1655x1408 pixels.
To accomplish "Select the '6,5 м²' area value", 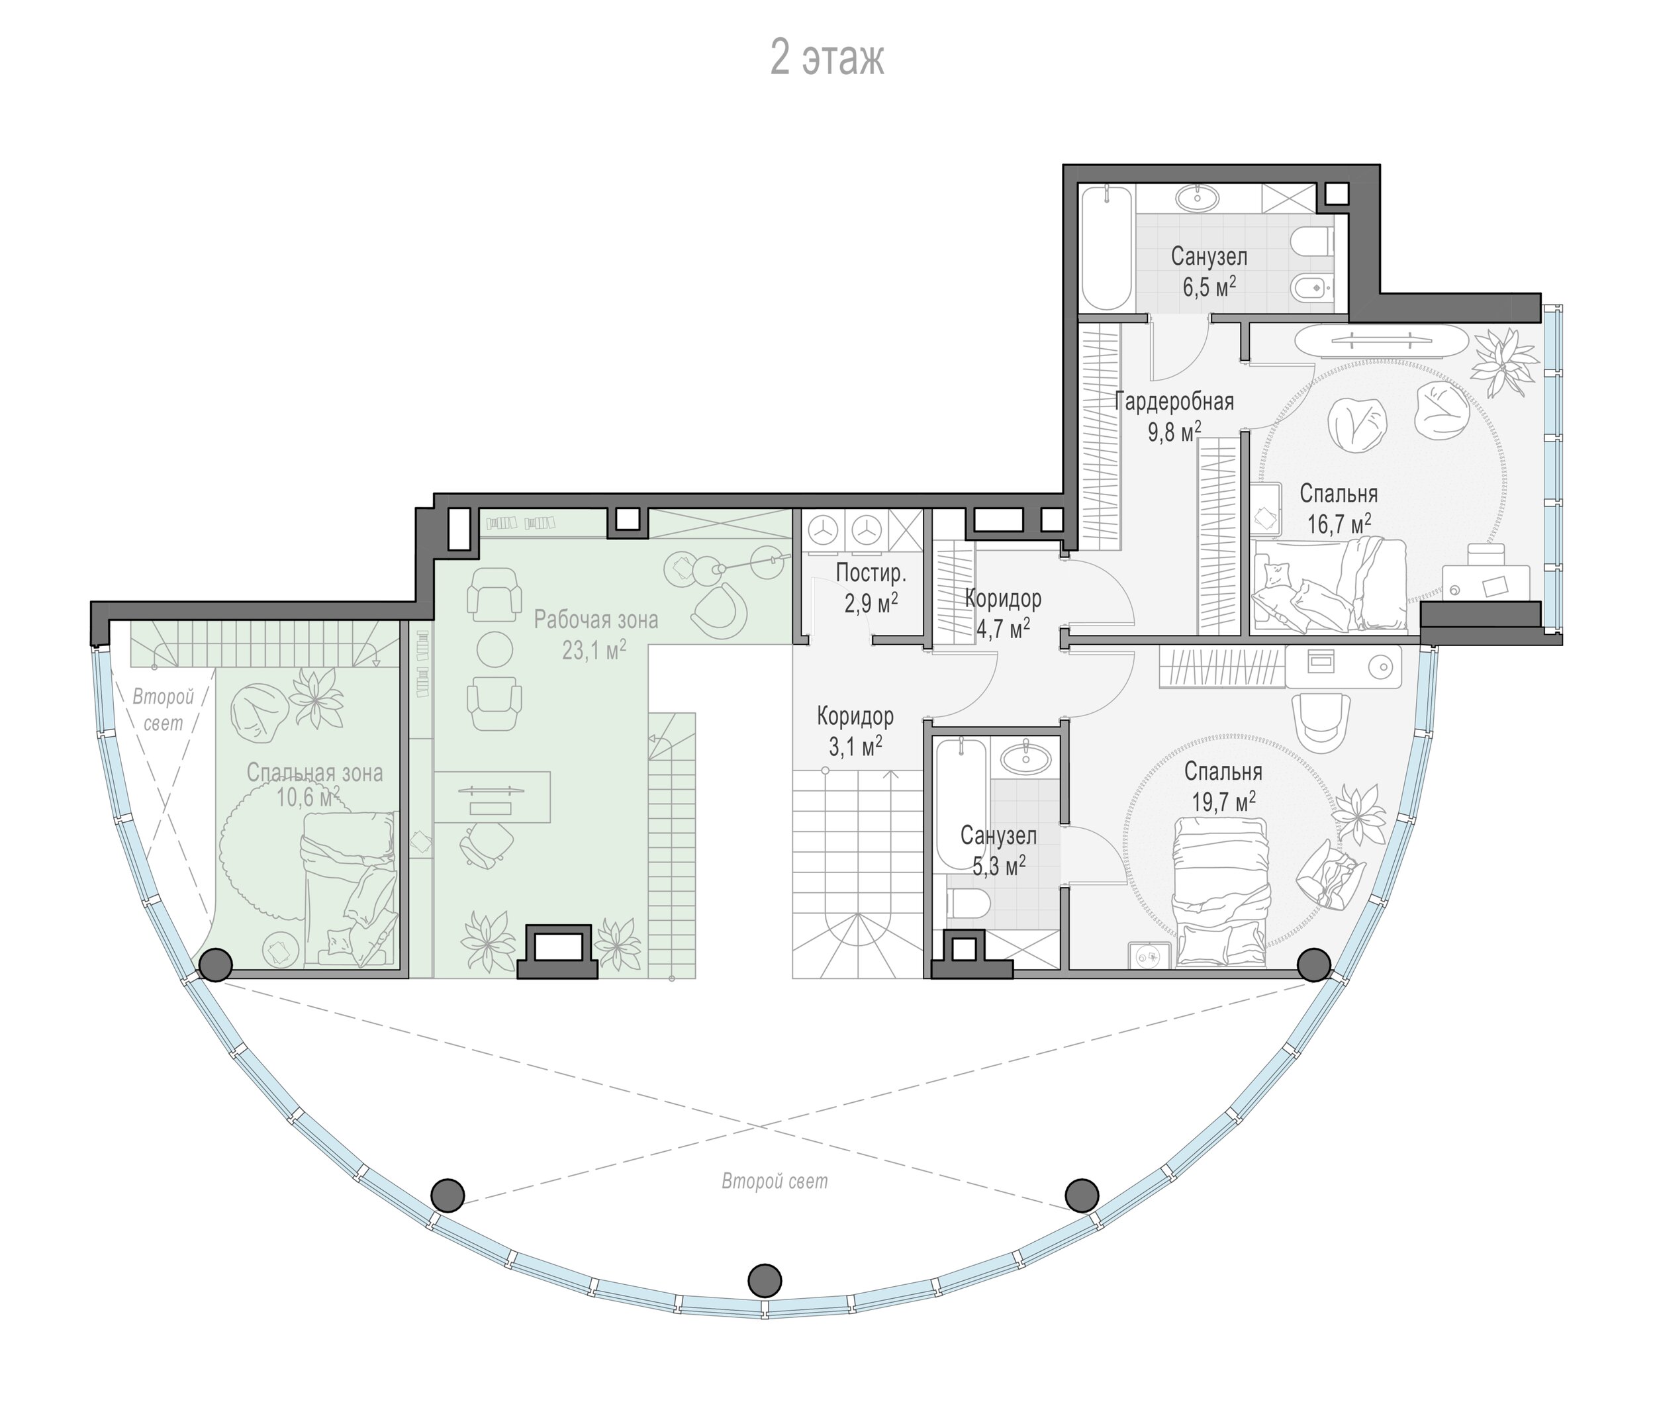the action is (x=1209, y=287).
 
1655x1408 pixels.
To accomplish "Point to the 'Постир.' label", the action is (x=871, y=573).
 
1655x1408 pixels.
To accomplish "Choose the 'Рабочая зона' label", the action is (x=596, y=620).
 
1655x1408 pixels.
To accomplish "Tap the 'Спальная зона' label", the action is (x=314, y=772).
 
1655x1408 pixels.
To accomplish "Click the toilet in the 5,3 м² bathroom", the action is (x=969, y=904).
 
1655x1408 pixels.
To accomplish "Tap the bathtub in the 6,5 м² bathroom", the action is (x=1106, y=248).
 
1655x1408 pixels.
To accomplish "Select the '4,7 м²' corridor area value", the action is (x=1003, y=628).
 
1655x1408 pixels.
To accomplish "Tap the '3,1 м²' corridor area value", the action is (x=855, y=746).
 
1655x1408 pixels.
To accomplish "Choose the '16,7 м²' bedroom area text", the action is (x=1339, y=524).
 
